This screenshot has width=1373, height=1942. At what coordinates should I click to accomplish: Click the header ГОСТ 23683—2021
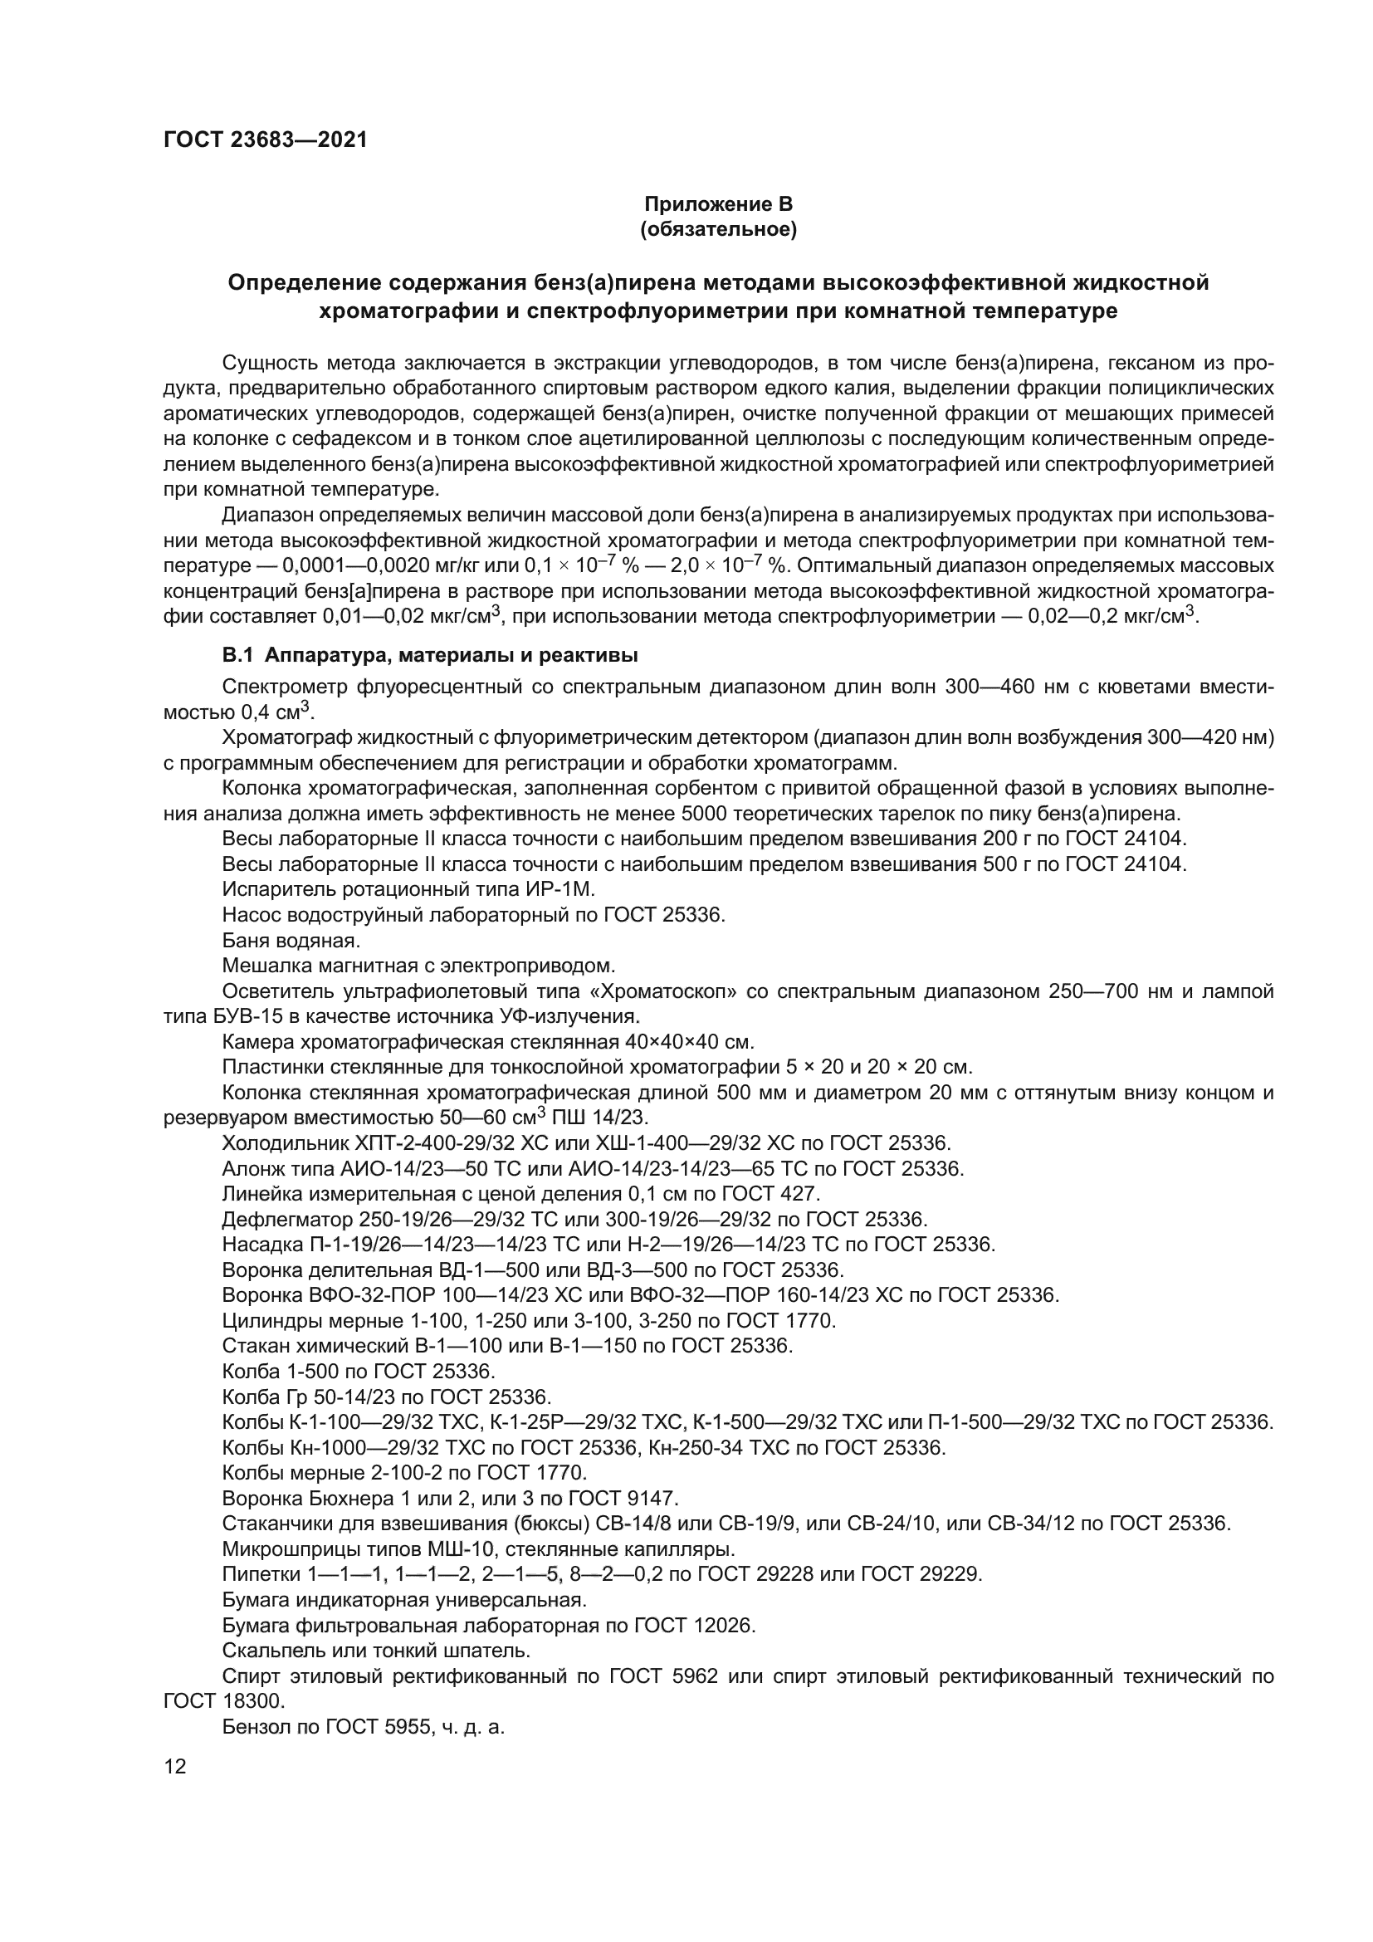coord(266,140)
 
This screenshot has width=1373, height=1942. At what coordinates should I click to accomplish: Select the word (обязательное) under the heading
coord(718,230)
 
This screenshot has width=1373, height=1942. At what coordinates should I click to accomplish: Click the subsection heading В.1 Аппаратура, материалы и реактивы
coord(429,656)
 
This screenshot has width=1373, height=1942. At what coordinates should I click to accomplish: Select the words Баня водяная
coord(291,940)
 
